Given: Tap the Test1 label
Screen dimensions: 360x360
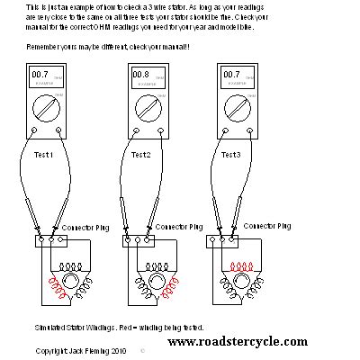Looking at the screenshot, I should pos(44,155).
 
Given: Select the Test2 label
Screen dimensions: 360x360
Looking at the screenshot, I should pos(141,155).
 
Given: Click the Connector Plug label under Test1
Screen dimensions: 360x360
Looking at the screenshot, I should pos(84,229).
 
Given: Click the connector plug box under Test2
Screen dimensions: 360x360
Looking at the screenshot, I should pos(136,240).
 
